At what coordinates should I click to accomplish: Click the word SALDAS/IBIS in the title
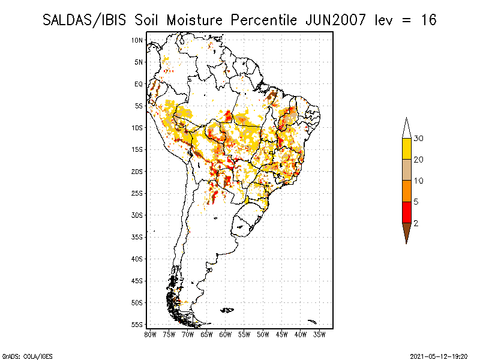[x=84, y=20]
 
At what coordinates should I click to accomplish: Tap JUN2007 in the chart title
[x=335, y=20]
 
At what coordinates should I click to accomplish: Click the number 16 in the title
[x=428, y=20]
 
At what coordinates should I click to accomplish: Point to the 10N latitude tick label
[x=137, y=40]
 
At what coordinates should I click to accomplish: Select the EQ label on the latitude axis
[x=139, y=84]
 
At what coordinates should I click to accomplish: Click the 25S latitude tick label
[x=137, y=193]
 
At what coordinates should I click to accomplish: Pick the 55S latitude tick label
[x=137, y=325]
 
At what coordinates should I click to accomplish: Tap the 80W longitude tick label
[x=150, y=335]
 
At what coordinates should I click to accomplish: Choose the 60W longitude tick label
[x=226, y=335]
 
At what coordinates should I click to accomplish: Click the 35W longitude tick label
[x=319, y=335]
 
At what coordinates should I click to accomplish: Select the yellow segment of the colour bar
[x=407, y=149]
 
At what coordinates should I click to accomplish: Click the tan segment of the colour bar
[x=407, y=170]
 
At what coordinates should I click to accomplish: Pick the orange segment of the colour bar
[x=407, y=191]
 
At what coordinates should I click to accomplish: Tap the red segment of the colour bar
[x=407, y=212]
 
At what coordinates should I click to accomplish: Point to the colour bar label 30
[x=418, y=139]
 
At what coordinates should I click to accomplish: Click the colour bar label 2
[x=416, y=223]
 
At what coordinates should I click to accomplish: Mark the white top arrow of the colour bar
[x=407, y=129]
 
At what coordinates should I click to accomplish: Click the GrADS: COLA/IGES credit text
[x=27, y=356]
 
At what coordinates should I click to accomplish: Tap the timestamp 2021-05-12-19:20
[x=439, y=356]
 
